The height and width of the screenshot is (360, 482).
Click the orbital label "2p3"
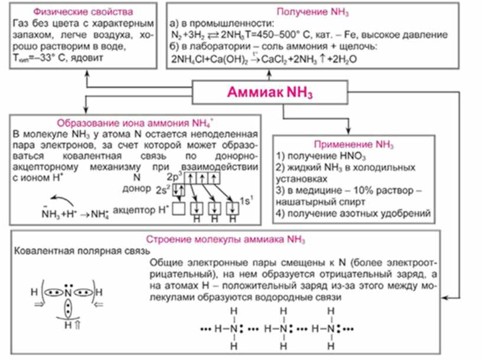(x=175, y=176)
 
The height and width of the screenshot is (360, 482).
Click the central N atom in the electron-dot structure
(x=69, y=292)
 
